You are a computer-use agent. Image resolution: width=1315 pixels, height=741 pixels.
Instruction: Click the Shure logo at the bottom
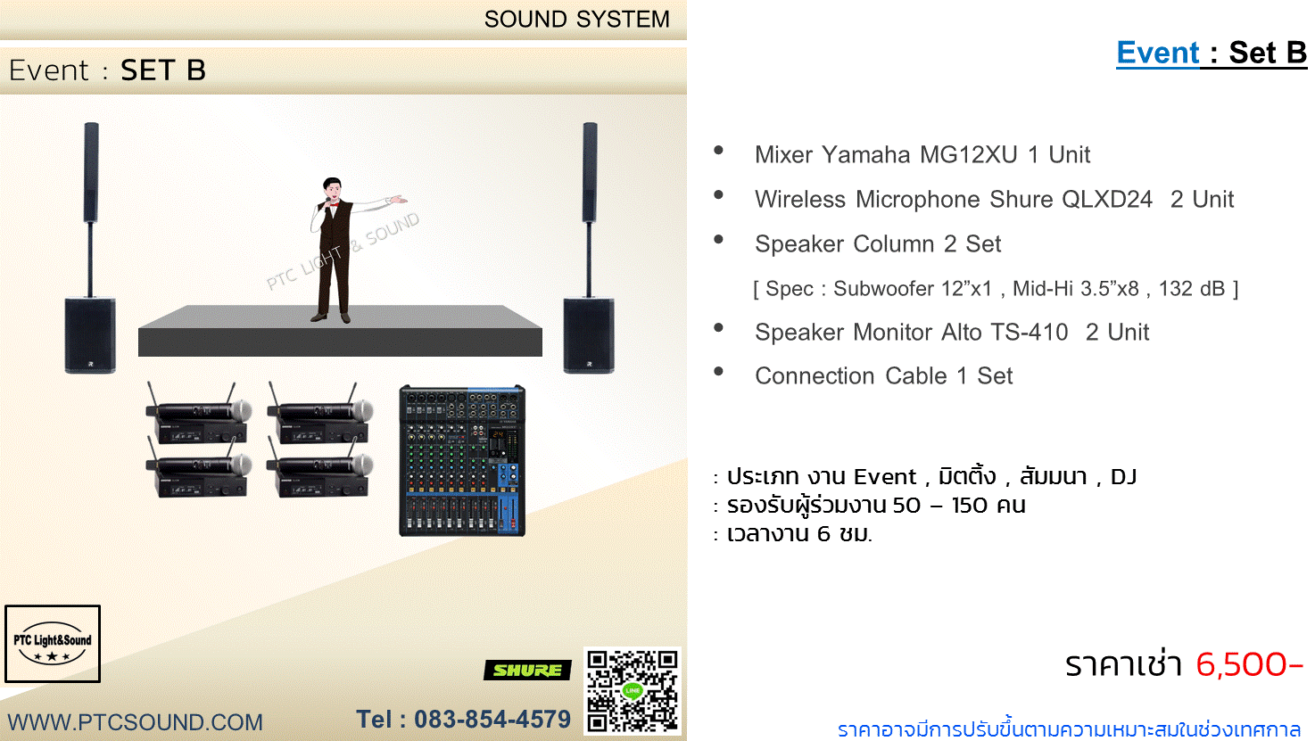coord(527,670)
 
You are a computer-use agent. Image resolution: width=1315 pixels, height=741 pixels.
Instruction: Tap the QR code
coord(633,691)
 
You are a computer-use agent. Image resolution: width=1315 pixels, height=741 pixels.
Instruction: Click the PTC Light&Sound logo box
coord(53,644)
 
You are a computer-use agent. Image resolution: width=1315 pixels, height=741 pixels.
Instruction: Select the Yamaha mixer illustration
coord(462,460)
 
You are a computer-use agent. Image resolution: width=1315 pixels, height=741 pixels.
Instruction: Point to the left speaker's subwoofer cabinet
coord(90,335)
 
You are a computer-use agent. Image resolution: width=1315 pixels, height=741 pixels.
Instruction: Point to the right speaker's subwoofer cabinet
coord(589,335)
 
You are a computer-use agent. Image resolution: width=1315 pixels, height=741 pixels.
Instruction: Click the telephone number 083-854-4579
coord(492,720)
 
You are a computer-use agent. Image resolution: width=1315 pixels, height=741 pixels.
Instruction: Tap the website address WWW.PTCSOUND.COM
coord(135,722)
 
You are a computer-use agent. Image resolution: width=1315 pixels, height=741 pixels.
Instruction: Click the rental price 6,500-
coord(1249,664)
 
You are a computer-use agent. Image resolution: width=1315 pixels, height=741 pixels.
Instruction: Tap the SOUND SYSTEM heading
coord(576,20)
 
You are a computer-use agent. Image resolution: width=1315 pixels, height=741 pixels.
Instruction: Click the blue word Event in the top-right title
coord(1158,53)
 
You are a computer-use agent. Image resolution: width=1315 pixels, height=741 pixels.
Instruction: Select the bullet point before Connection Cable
coord(718,371)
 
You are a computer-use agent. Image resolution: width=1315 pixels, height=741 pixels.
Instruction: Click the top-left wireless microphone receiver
coord(198,414)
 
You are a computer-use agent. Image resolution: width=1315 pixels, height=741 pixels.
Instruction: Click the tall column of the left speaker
coord(91,172)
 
